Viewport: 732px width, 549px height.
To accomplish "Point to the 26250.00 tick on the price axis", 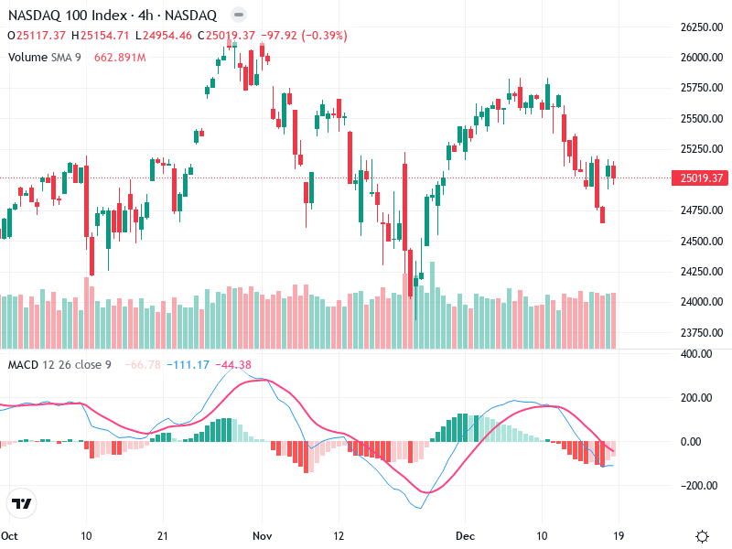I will pyautogui.click(x=700, y=27).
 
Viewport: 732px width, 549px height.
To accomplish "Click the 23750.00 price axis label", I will pyautogui.click(x=700, y=332).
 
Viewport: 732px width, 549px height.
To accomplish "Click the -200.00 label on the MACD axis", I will pyautogui.click(x=700, y=486).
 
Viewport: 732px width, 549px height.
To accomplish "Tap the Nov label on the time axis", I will pyautogui.click(x=263, y=535).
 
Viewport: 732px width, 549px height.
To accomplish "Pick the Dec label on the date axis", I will pyautogui.click(x=464, y=535).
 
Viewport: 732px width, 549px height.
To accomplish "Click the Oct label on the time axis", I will pyautogui.click(x=10, y=535).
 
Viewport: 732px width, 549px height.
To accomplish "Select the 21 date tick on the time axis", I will pyautogui.click(x=162, y=535).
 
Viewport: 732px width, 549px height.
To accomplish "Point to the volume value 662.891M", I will pyautogui.click(x=120, y=57).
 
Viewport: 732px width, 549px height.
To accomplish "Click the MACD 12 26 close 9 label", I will pyautogui.click(x=59, y=365).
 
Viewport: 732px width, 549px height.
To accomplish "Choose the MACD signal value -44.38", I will pyautogui.click(x=232, y=365).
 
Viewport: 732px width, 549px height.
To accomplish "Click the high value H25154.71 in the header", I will pyautogui.click(x=102, y=36).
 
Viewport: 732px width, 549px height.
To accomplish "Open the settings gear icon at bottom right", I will pyautogui.click(x=702, y=536).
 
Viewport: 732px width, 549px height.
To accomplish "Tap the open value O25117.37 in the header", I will pyautogui.click(x=37, y=36).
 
